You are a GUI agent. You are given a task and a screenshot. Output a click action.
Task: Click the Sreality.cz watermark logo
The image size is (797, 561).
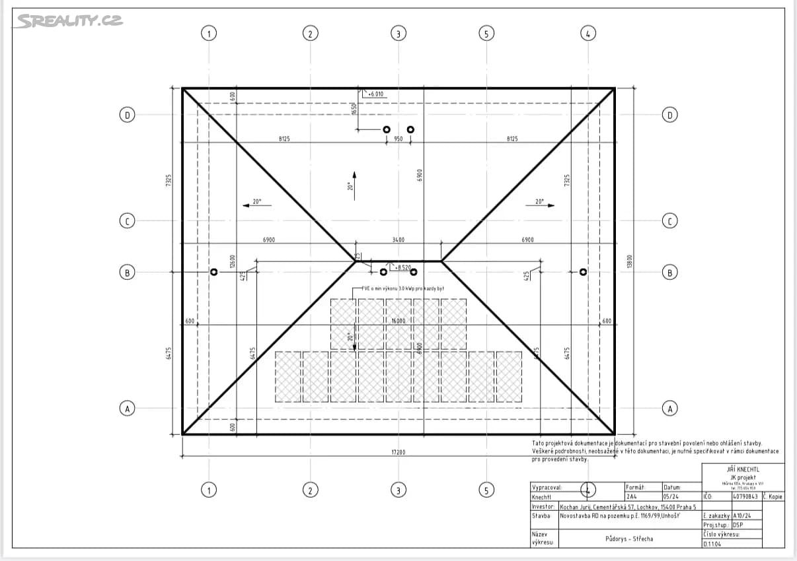pos(69,21)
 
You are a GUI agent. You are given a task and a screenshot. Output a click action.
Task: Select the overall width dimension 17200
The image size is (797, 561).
pos(398,452)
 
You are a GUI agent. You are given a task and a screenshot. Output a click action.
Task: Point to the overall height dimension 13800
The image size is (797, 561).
pos(629,261)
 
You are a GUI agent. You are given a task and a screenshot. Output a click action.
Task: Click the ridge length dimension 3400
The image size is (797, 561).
pos(398,240)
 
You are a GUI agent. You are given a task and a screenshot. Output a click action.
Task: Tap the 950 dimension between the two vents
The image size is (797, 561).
pos(398,139)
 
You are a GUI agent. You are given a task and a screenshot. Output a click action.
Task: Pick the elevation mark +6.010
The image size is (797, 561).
pos(375,94)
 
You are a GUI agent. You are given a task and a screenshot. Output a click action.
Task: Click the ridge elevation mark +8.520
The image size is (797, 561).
pos(403,267)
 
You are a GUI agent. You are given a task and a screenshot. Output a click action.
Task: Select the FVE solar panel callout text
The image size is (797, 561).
pos(402,289)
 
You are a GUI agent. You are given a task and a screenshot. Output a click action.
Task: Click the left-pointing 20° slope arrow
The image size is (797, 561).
pos(256,203)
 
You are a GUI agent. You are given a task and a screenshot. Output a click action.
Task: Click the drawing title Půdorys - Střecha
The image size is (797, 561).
pos(628,539)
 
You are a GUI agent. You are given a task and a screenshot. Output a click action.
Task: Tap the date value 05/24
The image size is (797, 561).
pos(670,497)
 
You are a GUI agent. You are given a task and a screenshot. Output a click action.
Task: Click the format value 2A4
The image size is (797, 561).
pos(632,497)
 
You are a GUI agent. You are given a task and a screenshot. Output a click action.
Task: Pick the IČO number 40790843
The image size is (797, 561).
pos(746,496)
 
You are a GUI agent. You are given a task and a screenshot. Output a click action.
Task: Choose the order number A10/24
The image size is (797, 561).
pos(743,515)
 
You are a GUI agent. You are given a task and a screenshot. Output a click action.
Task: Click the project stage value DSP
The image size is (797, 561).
pos(739,525)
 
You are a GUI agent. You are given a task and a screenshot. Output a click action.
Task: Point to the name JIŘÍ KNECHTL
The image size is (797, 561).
pos(743,469)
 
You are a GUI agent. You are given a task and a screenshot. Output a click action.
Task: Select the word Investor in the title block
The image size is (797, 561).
pos(543,506)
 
